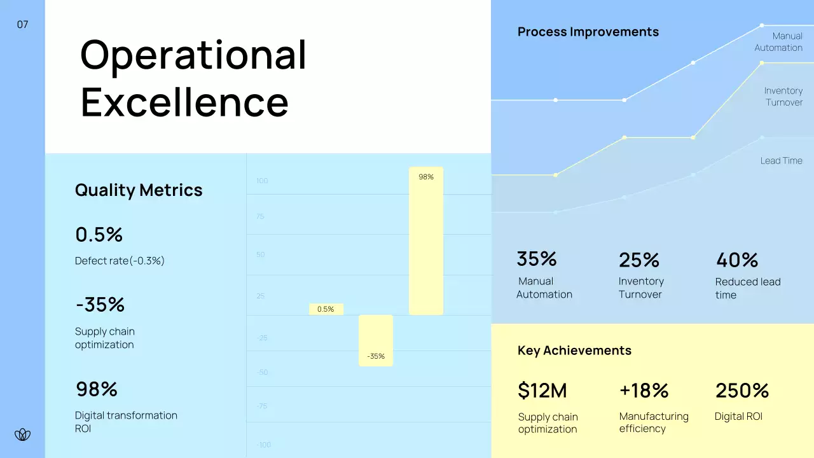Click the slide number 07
tap(22, 25)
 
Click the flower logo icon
tap(22, 435)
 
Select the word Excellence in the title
tap(184, 102)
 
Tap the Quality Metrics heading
tap(139, 190)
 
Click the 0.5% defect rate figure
tap(99, 235)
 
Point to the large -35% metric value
tap(100, 305)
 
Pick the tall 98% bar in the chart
tap(426, 242)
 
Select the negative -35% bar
tap(376, 340)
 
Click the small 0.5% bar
tap(326, 309)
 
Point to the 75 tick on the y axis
tap(260, 216)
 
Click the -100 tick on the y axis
tap(263, 445)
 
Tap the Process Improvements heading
tap(588, 32)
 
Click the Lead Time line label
tap(781, 161)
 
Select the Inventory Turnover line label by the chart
tap(783, 97)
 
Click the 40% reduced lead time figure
tap(737, 260)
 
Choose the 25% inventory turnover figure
tap(639, 260)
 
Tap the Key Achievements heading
tap(574, 350)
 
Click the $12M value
tap(542, 391)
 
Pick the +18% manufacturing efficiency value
tap(644, 391)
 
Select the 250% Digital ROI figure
tap(742, 391)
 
